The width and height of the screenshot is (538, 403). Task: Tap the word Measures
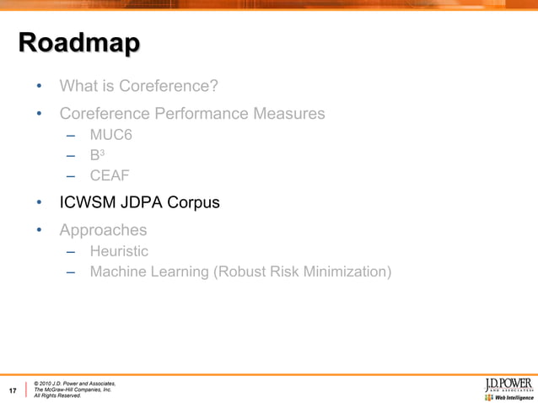tap(289, 114)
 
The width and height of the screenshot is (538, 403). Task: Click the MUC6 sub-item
tap(111, 135)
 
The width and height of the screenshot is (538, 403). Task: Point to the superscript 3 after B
tap(102, 153)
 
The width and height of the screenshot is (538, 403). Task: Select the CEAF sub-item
tap(110, 175)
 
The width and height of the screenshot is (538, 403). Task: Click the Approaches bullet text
tap(103, 230)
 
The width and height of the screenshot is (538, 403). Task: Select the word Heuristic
tap(119, 251)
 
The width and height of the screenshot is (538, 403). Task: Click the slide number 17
tap(13, 390)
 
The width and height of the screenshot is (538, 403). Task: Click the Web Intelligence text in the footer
tap(513, 397)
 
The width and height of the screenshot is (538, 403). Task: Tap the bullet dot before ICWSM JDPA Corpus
tap(38, 203)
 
